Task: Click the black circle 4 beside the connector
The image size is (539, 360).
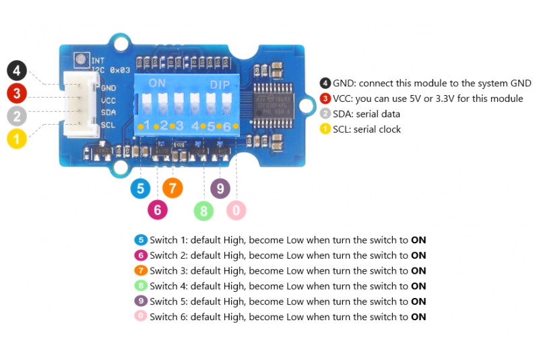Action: tap(17, 70)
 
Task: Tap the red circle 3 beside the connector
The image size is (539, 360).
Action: tap(17, 93)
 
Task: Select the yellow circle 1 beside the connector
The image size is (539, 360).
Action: tap(17, 139)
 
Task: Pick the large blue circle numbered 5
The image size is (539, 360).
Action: tap(140, 188)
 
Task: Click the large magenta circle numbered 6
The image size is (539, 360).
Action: tap(158, 210)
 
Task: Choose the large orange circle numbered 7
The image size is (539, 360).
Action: tap(172, 188)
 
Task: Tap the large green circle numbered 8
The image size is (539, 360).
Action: tap(203, 211)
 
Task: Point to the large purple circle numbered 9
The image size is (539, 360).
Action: tap(220, 188)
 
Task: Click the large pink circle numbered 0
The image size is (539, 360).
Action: tap(236, 210)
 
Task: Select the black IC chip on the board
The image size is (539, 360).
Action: tap(274, 107)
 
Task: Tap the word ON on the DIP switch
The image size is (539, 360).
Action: tap(157, 84)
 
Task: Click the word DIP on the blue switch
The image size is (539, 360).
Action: tap(220, 85)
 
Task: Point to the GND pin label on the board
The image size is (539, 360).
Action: tap(108, 88)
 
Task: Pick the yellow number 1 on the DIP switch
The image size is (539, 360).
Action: tap(146, 125)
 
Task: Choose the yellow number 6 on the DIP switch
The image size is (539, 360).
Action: tap(227, 126)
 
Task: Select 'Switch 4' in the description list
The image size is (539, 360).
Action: tap(168, 287)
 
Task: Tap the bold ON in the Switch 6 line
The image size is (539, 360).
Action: tap(418, 317)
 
